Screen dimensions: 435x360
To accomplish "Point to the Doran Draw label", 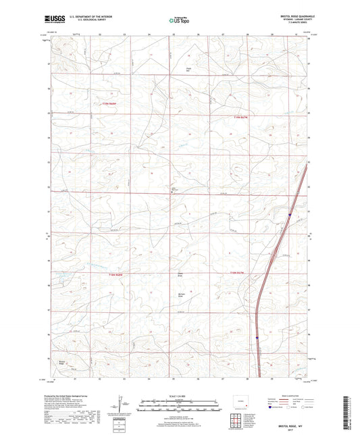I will pos(180,276).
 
